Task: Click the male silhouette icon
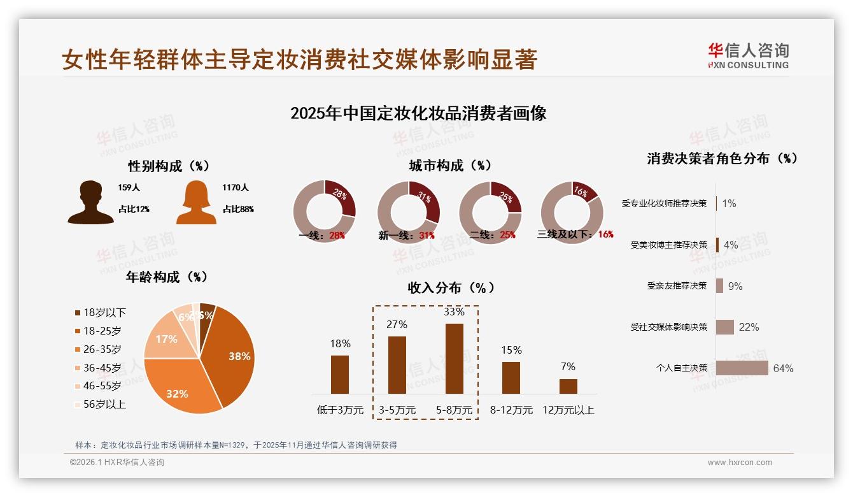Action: click(x=90, y=202)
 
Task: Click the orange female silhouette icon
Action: click(x=196, y=202)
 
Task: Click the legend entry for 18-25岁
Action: click(x=102, y=331)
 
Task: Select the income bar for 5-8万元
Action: click(x=455, y=358)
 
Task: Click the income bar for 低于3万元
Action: click(x=340, y=374)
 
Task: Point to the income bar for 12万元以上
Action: click(x=568, y=386)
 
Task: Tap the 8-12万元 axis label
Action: click(x=511, y=410)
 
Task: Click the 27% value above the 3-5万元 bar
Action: click(x=397, y=324)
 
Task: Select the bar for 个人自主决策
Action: click(x=742, y=368)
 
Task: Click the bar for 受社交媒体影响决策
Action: click(x=725, y=327)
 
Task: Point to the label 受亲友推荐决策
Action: click(x=677, y=285)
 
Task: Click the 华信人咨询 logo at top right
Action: click(x=748, y=56)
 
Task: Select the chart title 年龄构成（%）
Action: click(x=167, y=277)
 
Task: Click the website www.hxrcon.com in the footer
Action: click(x=740, y=463)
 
